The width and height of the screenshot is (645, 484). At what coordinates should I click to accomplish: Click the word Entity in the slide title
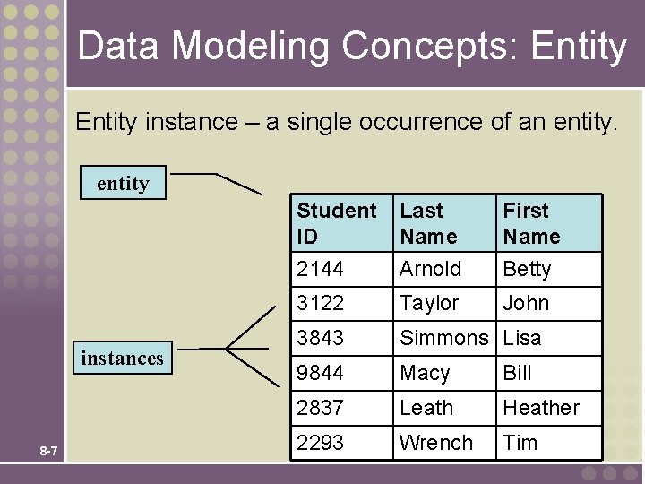[579, 46]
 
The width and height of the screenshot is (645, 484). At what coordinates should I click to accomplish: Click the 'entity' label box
[123, 183]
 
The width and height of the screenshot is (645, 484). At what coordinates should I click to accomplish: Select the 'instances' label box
[123, 358]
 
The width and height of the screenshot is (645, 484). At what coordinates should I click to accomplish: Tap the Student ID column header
[337, 223]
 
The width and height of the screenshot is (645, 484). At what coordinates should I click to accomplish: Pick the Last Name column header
[428, 223]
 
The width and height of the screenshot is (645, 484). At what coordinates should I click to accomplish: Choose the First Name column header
[531, 223]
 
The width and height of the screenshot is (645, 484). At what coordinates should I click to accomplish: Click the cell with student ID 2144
[321, 269]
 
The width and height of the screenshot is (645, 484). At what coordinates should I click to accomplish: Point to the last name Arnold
[431, 269]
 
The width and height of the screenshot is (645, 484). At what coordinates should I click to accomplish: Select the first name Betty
[527, 269]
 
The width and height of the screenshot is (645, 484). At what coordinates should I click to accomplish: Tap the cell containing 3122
[321, 303]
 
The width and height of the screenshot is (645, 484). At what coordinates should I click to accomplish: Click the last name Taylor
[429, 303]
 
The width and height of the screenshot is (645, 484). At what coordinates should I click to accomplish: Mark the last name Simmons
[444, 338]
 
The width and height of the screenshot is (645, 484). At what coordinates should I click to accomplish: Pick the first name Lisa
[522, 338]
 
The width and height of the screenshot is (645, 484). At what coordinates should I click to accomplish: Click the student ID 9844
[321, 373]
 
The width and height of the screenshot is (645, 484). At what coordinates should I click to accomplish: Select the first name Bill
[517, 373]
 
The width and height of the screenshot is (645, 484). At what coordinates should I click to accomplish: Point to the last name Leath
[426, 408]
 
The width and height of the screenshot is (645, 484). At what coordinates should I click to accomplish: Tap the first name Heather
[541, 408]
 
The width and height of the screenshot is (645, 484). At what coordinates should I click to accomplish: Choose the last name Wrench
[436, 443]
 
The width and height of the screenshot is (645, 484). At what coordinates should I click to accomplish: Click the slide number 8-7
[48, 451]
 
